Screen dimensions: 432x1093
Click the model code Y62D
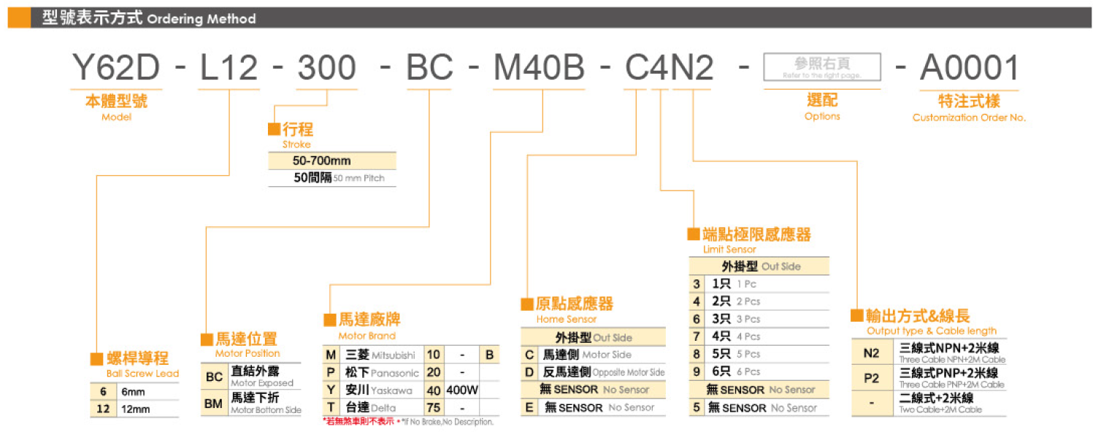pyautogui.click(x=116, y=69)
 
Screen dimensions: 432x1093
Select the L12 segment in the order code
pyautogui.click(x=229, y=69)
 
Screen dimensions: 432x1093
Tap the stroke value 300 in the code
pyautogui.click(x=326, y=69)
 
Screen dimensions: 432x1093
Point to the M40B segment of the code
pyautogui.click(x=540, y=69)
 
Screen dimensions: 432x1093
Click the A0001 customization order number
pyautogui.click(x=969, y=69)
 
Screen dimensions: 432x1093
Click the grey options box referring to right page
pyautogui.click(x=821, y=67)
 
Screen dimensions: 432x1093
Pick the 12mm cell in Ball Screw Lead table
pyautogui.click(x=135, y=409)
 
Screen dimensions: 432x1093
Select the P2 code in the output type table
pyautogui.click(x=871, y=379)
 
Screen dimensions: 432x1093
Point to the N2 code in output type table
pyautogui.click(x=871, y=353)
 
